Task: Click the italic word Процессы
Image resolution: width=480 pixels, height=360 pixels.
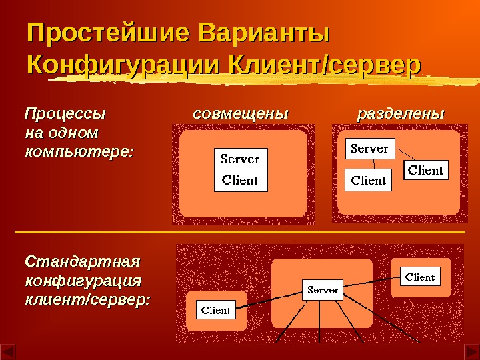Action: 65,113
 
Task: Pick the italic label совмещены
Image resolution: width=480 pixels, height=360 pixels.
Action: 240,113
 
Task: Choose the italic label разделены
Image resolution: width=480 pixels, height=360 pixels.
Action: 400,113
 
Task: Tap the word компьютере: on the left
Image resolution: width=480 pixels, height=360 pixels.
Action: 79,151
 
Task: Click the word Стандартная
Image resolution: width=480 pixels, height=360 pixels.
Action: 83,258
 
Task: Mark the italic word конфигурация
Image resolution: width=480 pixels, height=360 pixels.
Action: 83,279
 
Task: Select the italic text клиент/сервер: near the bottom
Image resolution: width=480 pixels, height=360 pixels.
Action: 87,300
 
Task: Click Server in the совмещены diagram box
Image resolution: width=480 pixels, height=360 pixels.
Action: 240,159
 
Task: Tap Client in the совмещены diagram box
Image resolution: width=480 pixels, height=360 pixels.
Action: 240,180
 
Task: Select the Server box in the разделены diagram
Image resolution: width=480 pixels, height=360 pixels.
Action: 370,149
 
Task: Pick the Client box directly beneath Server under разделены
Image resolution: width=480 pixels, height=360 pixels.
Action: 369,180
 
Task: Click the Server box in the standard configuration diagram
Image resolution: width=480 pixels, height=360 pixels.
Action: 323,290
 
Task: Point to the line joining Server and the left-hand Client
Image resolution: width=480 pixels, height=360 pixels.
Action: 269,299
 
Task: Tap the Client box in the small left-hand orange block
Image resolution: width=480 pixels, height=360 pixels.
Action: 216,310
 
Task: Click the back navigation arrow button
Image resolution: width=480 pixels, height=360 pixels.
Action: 7,350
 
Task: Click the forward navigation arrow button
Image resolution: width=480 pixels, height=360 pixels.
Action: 471,350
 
